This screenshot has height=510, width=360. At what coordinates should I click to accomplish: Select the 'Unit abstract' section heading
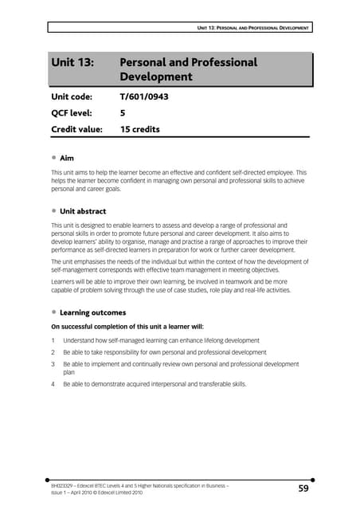[x=88, y=211]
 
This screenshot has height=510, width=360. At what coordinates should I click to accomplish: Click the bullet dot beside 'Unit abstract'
[x=53, y=211]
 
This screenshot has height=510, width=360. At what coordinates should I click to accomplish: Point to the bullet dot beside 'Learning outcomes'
[x=53, y=313]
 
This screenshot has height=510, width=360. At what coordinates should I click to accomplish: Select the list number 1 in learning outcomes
[x=53, y=340]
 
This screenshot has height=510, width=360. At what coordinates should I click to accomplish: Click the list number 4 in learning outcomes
[x=53, y=384]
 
